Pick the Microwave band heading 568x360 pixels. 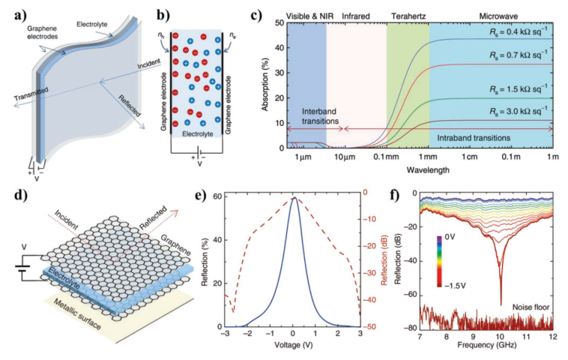click(x=491, y=15)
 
